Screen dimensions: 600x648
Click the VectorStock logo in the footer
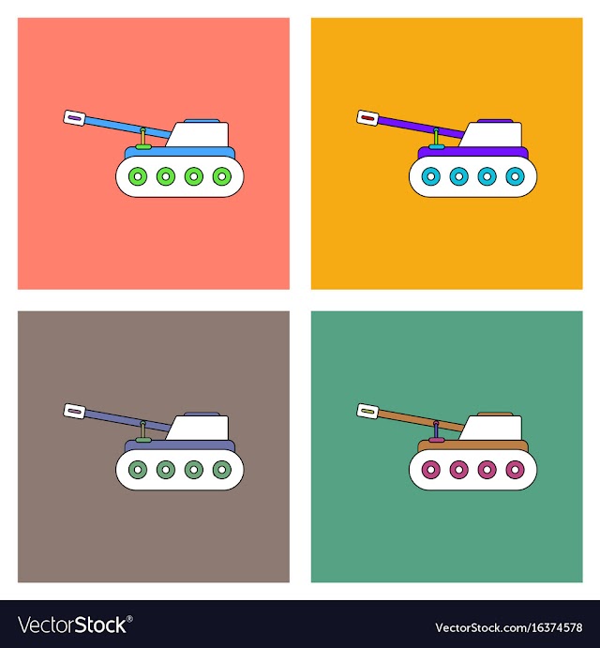[75, 625]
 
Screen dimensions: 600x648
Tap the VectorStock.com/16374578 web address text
[509, 627]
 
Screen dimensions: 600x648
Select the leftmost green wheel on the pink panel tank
[138, 176]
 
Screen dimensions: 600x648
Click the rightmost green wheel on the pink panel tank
[222, 176]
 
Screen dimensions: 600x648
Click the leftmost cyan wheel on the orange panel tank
[431, 176]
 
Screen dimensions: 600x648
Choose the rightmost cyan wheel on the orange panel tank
[516, 176]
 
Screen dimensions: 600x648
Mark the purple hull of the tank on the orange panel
[473, 153]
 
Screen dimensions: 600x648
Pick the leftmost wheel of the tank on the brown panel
[138, 470]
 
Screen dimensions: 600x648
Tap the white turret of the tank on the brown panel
[199, 428]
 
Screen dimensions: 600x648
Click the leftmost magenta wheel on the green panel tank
[431, 470]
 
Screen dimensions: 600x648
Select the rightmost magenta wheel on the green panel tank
[516, 470]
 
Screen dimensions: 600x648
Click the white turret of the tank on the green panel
[492, 428]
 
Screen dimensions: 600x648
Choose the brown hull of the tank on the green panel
[473, 446]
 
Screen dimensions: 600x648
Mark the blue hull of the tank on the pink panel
[180, 153]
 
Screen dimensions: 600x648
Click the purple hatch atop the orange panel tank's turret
[495, 121]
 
